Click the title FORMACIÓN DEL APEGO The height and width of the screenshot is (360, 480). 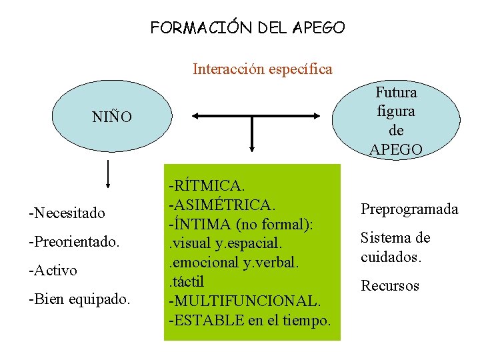click(247, 28)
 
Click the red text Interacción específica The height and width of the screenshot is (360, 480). click(262, 69)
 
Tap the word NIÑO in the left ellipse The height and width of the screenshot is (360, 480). click(112, 117)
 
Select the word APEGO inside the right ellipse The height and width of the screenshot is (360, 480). click(396, 149)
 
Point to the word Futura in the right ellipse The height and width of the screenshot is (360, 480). click(396, 92)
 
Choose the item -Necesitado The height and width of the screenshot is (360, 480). click(67, 213)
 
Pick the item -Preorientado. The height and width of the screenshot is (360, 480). click(73, 241)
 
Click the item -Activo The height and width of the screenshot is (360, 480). click(53, 270)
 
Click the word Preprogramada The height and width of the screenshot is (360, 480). click(409, 209)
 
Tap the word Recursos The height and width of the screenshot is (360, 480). click(390, 286)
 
